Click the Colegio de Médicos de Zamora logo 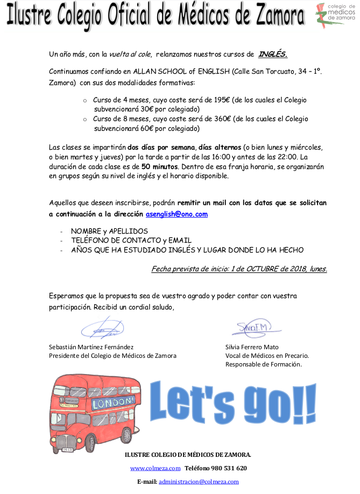coord(333,16)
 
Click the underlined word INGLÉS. coord(273,54)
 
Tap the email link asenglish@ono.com coord(177,214)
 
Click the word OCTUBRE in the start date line coord(251,269)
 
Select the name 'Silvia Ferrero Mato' coord(252,347)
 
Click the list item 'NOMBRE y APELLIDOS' coord(109,231)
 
